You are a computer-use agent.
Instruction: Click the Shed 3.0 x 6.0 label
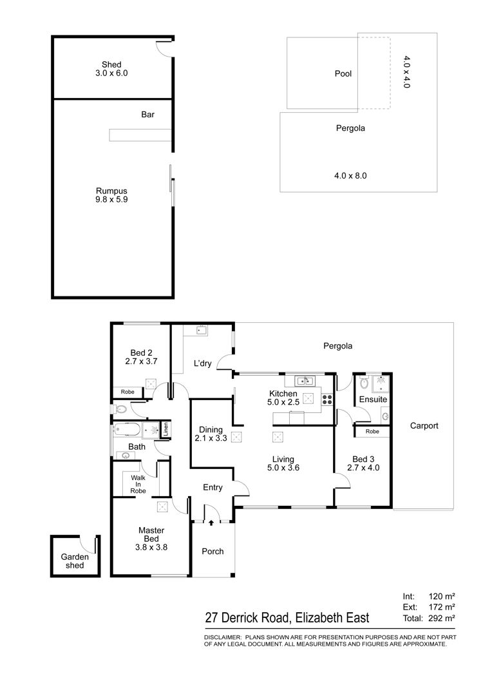(x=111, y=69)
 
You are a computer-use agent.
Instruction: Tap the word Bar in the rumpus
(x=147, y=115)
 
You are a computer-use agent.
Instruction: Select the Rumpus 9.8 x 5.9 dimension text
(x=111, y=195)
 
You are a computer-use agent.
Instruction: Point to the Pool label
(x=343, y=73)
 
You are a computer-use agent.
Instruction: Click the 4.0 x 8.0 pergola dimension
(x=350, y=175)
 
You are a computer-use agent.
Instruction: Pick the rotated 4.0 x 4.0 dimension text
(x=406, y=72)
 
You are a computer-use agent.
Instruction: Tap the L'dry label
(x=202, y=363)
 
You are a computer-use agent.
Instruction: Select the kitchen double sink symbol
(x=305, y=381)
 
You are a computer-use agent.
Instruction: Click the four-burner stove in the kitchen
(x=327, y=399)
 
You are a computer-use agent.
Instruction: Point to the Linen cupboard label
(x=166, y=430)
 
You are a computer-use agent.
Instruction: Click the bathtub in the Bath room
(x=127, y=430)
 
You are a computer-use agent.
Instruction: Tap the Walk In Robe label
(x=138, y=484)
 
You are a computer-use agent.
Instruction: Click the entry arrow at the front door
(x=211, y=523)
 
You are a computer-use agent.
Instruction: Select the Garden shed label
(x=75, y=561)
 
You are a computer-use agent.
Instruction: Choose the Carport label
(x=424, y=425)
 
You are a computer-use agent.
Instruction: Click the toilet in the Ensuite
(x=364, y=383)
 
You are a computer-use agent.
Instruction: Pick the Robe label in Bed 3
(x=372, y=431)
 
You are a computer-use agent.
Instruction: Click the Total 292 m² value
(x=442, y=618)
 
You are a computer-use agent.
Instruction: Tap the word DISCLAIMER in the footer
(x=223, y=637)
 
